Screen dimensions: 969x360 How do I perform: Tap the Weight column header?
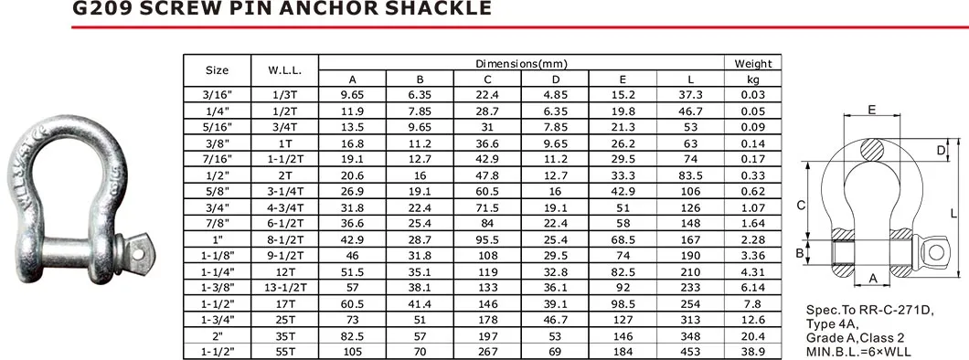coord(753,63)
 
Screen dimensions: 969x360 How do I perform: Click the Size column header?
coord(217,70)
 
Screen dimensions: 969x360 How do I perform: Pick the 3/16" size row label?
coord(217,94)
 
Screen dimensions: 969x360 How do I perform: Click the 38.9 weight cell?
coord(753,352)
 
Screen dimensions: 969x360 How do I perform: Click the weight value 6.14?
coord(753,288)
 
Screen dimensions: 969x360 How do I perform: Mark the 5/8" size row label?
coord(217,191)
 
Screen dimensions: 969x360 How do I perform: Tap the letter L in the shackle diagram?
coord(953,214)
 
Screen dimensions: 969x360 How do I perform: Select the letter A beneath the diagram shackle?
coord(872,277)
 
